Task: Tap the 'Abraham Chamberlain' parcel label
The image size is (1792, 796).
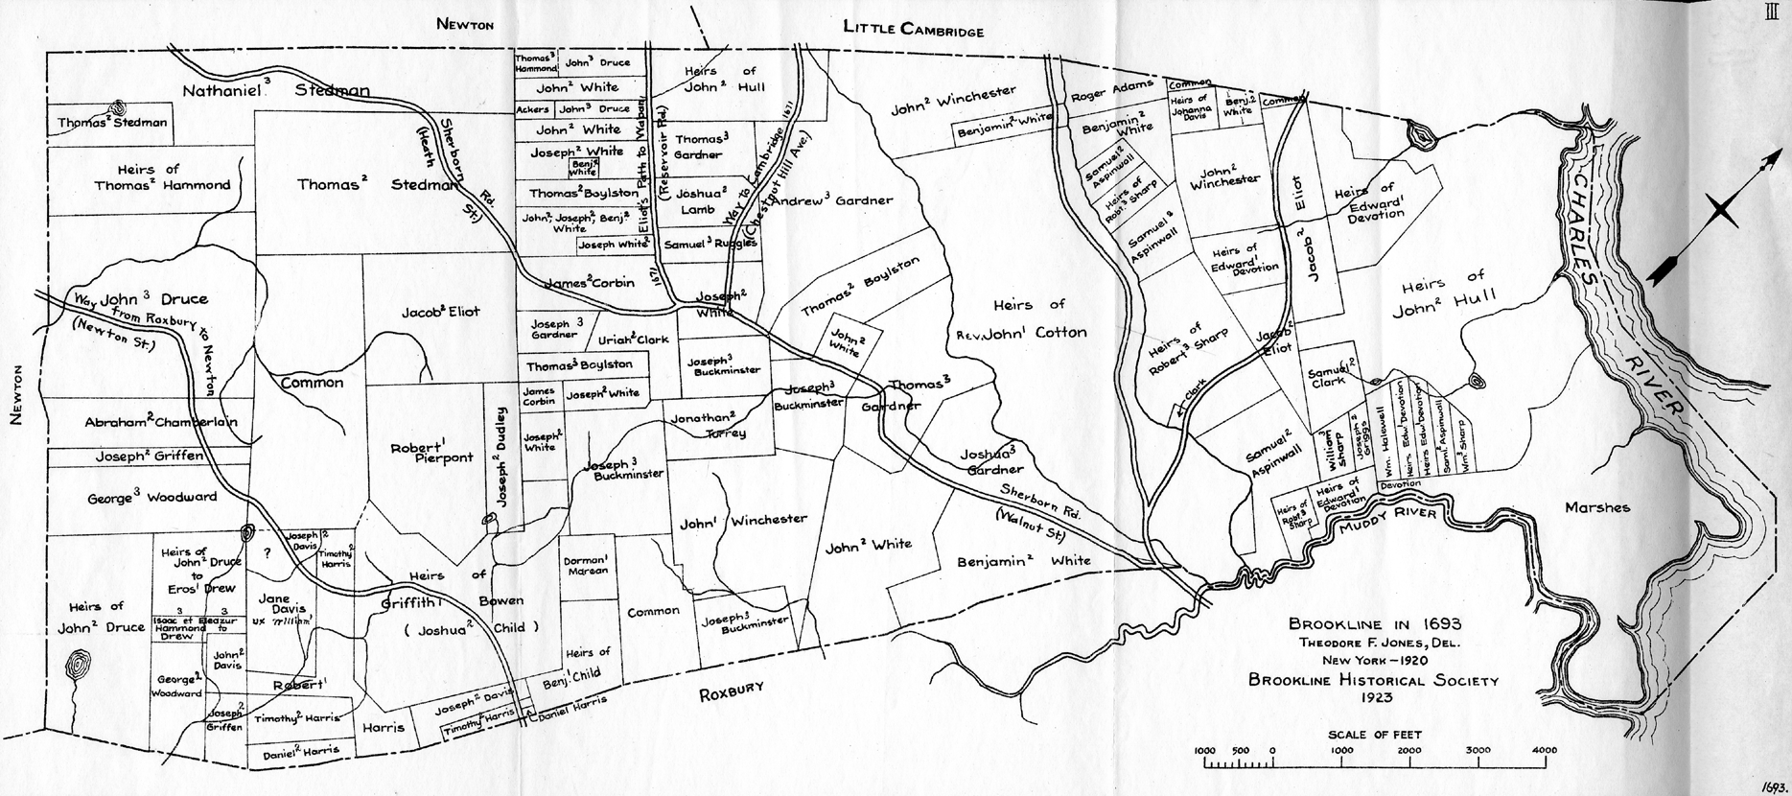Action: [161, 422]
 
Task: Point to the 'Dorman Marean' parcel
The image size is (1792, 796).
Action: [586, 565]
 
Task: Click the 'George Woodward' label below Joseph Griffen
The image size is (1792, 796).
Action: [151, 497]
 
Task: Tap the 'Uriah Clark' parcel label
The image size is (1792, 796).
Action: [633, 339]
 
